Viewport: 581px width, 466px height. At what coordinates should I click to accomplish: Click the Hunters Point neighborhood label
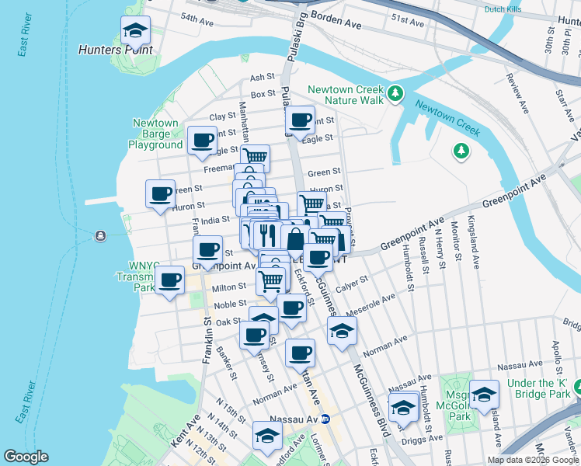pos(115,50)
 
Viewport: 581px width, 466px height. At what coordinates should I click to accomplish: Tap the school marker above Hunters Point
pos(136,32)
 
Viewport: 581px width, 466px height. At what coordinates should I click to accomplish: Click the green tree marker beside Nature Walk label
pos(396,94)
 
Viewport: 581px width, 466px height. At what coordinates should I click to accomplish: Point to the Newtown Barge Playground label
pos(155,134)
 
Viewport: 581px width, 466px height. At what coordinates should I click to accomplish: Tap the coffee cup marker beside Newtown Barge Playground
pos(203,141)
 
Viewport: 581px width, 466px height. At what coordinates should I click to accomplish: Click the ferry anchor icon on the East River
pos(100,236)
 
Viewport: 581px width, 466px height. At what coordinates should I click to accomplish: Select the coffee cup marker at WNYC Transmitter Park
pos(169,280)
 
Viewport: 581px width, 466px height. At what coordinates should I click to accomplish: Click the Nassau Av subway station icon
pos(327,419)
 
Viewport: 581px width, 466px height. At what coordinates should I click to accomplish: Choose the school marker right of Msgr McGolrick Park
pos(484,395)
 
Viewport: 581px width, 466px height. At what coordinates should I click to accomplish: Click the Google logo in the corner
pos(26,457)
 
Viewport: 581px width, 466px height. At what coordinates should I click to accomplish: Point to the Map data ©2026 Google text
pos(532,460)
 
